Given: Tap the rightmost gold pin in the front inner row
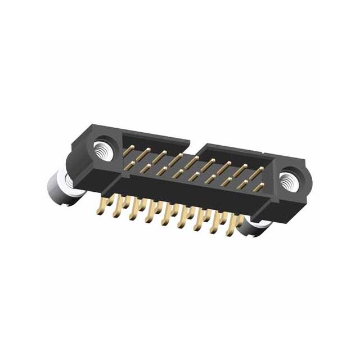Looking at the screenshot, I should [x=258, y=187].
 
